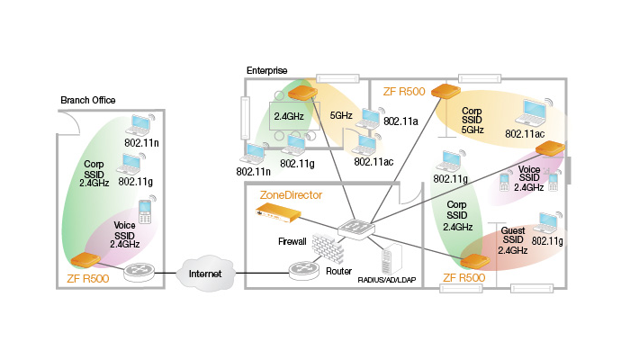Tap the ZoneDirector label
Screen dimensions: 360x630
click(291, 194)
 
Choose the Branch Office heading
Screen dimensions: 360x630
click(87, 99)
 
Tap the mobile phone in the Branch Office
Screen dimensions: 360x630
click(145, 212)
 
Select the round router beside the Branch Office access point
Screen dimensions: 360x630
click(139, 271)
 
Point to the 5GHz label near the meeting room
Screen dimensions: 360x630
click(341, 116)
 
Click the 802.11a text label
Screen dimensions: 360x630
click(402, 120)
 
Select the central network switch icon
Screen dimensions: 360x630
click(356, 229)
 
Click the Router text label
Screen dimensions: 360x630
click(338, 270)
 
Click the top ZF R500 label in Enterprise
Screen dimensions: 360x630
click(404, 92)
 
